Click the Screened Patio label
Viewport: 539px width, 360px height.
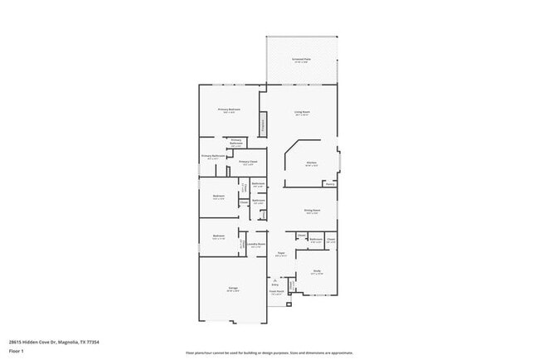(301, 61)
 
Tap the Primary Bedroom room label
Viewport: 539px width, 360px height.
(229, 110)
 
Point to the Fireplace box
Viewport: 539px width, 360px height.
(264, 126)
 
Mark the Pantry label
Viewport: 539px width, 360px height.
(329, 184)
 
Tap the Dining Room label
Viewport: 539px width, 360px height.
(312, 211)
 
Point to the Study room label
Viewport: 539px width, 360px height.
(317, 271)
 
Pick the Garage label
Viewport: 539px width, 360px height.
(234, 289)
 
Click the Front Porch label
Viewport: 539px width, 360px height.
(276, 292)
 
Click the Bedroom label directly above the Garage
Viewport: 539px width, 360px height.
(218, 236)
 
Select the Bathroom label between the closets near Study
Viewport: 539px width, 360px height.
(316, 240)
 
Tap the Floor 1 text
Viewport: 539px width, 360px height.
(17, 350)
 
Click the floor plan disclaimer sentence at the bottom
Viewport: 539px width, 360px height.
(269, 353)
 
